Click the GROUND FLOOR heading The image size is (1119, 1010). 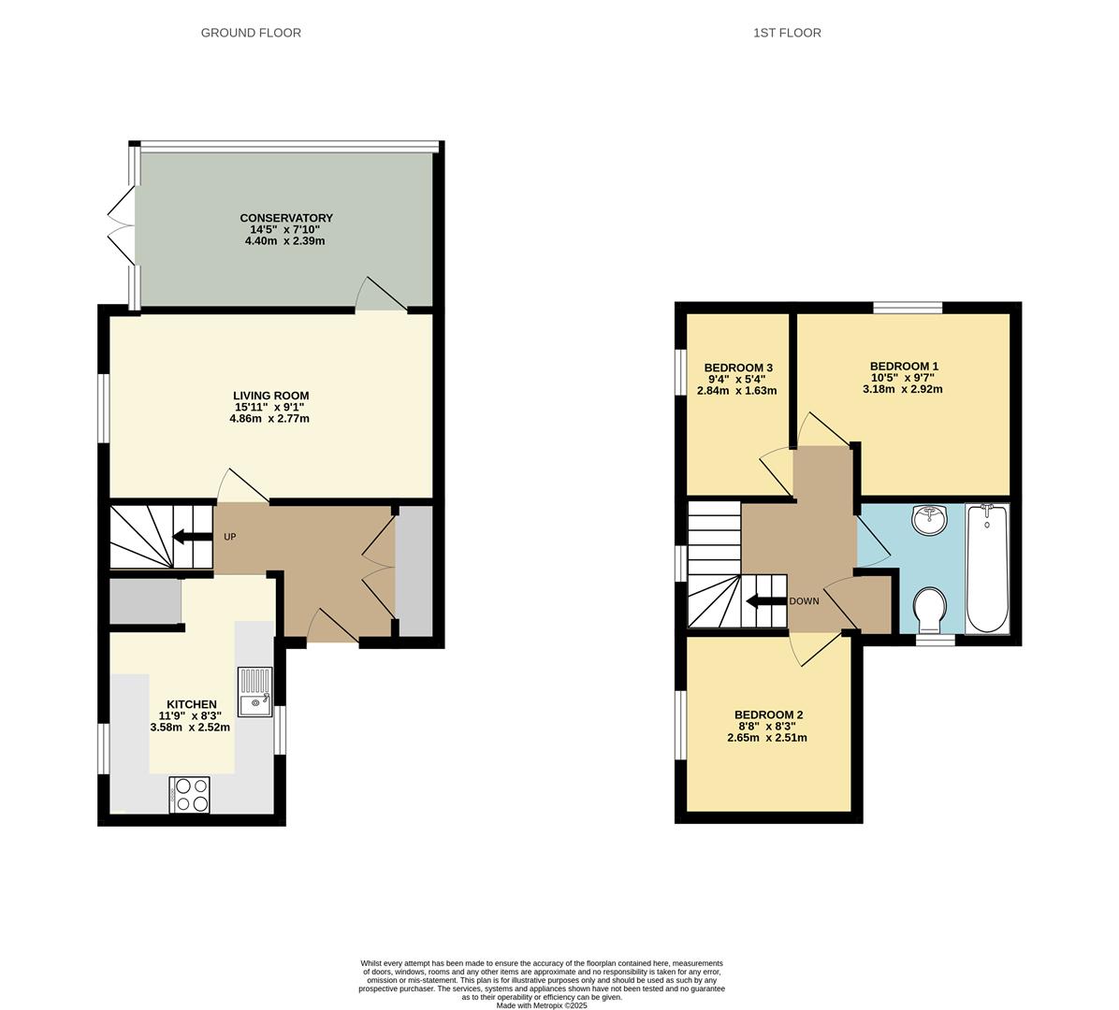pos(251,33)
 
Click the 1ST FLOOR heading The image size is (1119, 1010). pos(787,33)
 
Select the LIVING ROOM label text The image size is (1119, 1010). pos(270,396)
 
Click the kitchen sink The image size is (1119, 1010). pos(254,692)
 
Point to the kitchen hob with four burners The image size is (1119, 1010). pos(191,795)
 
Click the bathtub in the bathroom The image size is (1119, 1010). pos(987,569)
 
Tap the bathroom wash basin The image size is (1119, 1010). pos(932,520)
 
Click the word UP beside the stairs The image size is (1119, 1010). pos(229,537)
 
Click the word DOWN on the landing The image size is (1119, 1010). pos(804,601)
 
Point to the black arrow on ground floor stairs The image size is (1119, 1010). pos(192,537)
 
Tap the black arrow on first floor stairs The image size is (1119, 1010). pos(764,601)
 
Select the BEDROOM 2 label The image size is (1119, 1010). pos(768,714)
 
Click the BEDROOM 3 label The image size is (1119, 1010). pos(738,367)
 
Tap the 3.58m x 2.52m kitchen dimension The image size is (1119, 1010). pos(190,727)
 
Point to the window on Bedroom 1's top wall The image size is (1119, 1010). pos(908,308)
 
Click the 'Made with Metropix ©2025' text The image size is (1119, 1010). pos(542,1005)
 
